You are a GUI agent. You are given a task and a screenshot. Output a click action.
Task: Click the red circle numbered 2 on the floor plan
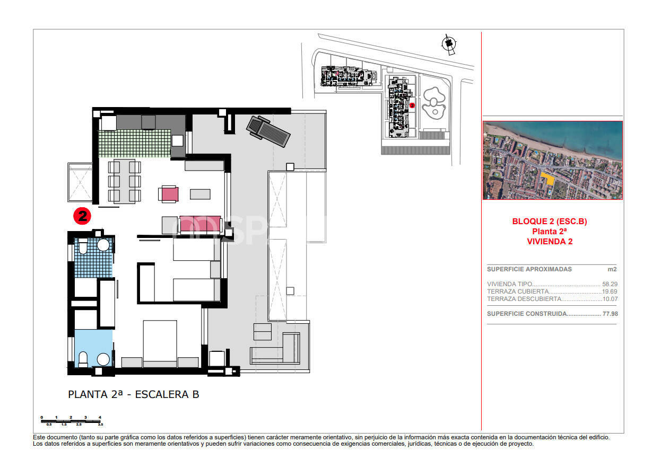click(82, 216)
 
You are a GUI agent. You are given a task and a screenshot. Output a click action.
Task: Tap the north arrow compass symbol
click(449, 43)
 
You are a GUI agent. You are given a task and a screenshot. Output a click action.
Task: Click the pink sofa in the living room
click(200, 225)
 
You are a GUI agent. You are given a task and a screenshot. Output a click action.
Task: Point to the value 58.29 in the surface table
click(610, 284)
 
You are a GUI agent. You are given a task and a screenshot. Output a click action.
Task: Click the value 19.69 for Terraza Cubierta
click(610, 291)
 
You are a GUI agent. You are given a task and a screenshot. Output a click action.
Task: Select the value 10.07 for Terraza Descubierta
click(610, 299)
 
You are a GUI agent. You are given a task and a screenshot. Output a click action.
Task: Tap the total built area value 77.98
click(610, 314)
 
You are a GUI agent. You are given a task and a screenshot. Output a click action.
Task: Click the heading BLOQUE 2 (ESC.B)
click(550, 222)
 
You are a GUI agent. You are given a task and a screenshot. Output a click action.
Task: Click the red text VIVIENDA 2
click(550, 242)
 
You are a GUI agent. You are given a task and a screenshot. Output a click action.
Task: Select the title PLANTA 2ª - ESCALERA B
click(134, 394)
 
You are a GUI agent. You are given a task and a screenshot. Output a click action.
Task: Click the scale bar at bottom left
click(71, 421)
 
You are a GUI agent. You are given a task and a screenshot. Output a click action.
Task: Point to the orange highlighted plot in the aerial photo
click(549, 179)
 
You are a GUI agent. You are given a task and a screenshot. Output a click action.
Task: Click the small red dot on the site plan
click(412, 105)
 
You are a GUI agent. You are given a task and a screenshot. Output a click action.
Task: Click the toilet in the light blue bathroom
click(83, 359)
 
